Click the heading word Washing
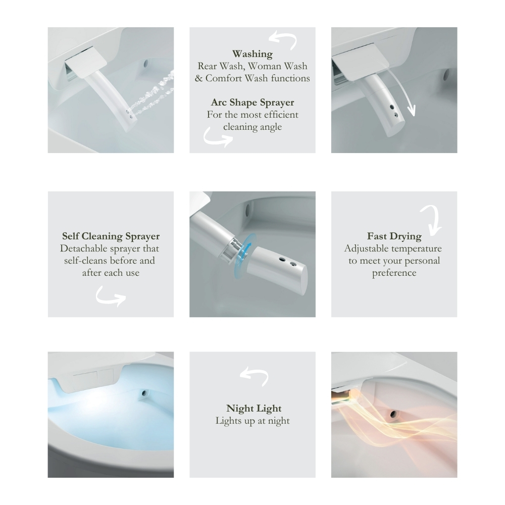pyautogui.click(x=252, y=54)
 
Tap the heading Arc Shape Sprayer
pyautogui.click(x=252, y=103)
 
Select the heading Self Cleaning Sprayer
pyautogui.click(x=111, y=236)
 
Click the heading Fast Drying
pyautogui.click(x=394, y=236)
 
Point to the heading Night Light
pyautogui.click(x=254, y=409)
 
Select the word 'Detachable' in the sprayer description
pyautogui.click(x=84, y=248)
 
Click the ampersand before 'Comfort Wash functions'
pyautogui.click(x=198, y=78)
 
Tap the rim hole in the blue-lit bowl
pyautogui.click(x=144, y=393)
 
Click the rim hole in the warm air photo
pyautogui.click(x=393, y=414)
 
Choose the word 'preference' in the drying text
pyautogui.click(x=394, y=273)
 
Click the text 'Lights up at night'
pyautogui.click(x=252, y=421)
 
